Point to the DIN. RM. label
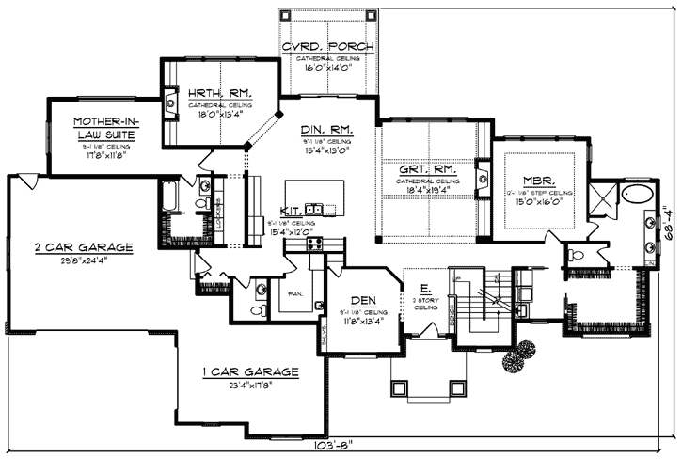326,129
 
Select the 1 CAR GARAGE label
250,372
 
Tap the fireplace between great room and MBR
483,176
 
